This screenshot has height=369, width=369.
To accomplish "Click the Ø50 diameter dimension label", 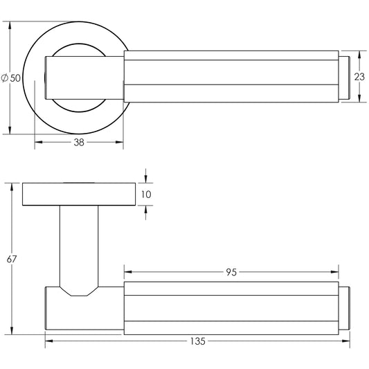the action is (x=11, y=78).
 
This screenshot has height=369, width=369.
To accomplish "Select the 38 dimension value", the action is (x=79, y=143).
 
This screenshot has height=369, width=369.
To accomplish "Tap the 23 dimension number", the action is (x=359, y=77).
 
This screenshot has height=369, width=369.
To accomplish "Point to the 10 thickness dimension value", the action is (x=146, y=195).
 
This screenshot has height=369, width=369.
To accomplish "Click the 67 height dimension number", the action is (x=12, y=259).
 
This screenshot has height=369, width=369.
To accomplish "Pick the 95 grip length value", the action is (x=231, y=272).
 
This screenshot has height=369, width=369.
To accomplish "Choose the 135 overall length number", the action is (x=198, y=341).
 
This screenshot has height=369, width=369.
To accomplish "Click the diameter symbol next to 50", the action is (x=5, y=78).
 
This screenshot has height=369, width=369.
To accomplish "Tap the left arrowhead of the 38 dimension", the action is (x=38, y=142).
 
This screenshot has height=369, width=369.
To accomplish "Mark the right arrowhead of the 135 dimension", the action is (x=346, y=341).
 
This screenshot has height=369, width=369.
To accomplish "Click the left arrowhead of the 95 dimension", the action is (x=128, y=272).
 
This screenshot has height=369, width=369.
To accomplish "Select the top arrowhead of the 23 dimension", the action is (x=359, y=55).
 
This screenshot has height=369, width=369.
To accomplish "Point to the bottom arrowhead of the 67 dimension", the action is (x=12, y=330).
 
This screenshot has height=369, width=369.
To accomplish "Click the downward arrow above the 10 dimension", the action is (x=146, y=179).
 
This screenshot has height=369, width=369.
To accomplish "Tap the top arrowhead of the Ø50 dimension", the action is (x=10, y=26).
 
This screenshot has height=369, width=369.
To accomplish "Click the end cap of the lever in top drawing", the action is (x=344, y=78).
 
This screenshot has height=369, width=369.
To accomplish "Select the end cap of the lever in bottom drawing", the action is (x=344, y=308).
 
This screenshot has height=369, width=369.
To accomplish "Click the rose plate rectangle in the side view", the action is (x=79, y=194).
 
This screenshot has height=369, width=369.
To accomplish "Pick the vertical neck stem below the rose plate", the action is (x=79, y=246).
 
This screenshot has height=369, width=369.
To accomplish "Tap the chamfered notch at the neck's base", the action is (x=79, y=291).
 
